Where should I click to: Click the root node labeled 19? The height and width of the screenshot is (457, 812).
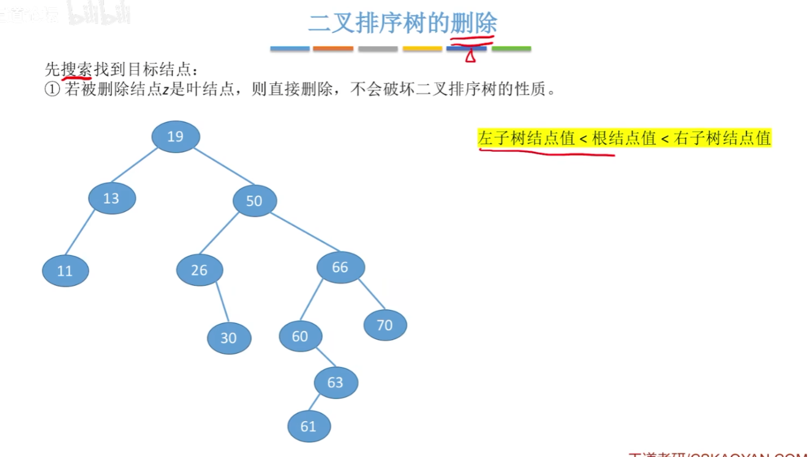pyautogui.click(x=176, y=136)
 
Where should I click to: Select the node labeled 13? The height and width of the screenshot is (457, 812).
pyautogui.click(x=112, y=198)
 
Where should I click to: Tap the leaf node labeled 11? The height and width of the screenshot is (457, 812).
pyautogui.click(x=65, y=271)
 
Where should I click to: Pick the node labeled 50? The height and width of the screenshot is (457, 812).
pyautogui.click(x=254, y=201)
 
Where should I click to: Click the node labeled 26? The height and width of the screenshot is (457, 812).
pyautogui.click(x=200, y=270)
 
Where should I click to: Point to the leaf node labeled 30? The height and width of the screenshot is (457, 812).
pyautogui.click(x=229, y=338)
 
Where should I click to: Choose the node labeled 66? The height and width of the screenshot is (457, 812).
pyautogui.click(x=340, y=267)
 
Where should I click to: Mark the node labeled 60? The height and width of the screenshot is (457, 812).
pyautogui.click(x=301, y=336)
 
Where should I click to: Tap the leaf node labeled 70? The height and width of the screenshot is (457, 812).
pyautogui.click(x=385, y=325)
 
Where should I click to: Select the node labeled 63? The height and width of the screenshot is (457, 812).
pyautogui.click(x=336, y=382)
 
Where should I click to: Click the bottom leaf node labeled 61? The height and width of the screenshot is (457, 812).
pyautogui.click(x=309, y=426)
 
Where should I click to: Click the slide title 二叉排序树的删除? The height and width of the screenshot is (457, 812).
pyautogui.click(x=402, y=24)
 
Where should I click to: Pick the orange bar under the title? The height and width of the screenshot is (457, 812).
pyautogui.click(x=333, y=48)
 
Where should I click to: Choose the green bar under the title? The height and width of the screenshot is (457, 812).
pyautogui.click(x=511, y=48)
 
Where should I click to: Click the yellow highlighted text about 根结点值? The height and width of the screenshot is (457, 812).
pyautogui.click(x=625, y=138)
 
